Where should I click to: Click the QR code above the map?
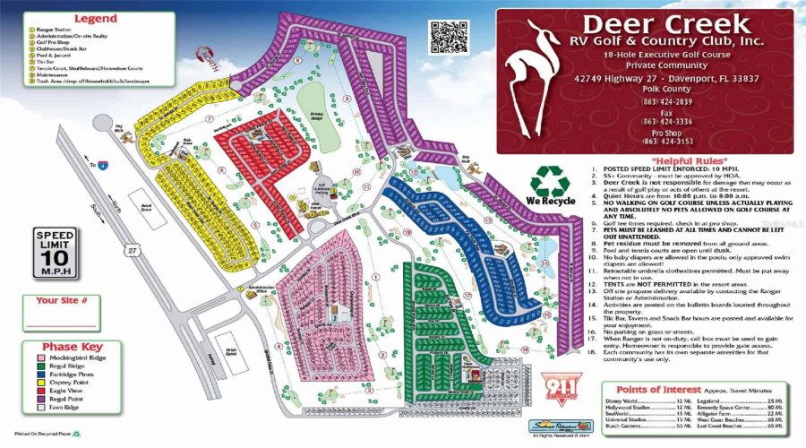click(449, 37)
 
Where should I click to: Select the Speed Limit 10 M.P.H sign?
click(54, 253)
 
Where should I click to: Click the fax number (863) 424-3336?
click(666, 121)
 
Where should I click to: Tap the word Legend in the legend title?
click(96, 18)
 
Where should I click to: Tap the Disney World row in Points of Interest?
click(627, 401)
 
